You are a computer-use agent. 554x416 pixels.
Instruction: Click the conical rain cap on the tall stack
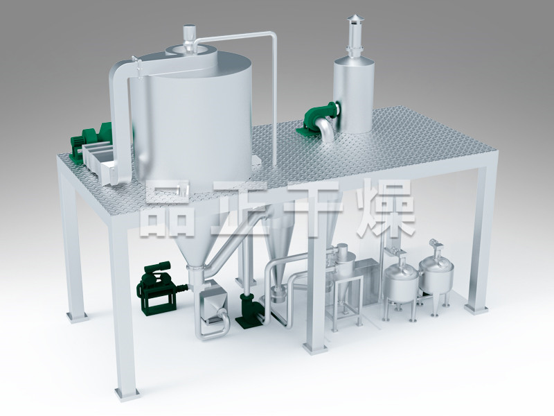click(355, 19)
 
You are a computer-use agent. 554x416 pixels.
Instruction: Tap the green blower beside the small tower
click(319, 116)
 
